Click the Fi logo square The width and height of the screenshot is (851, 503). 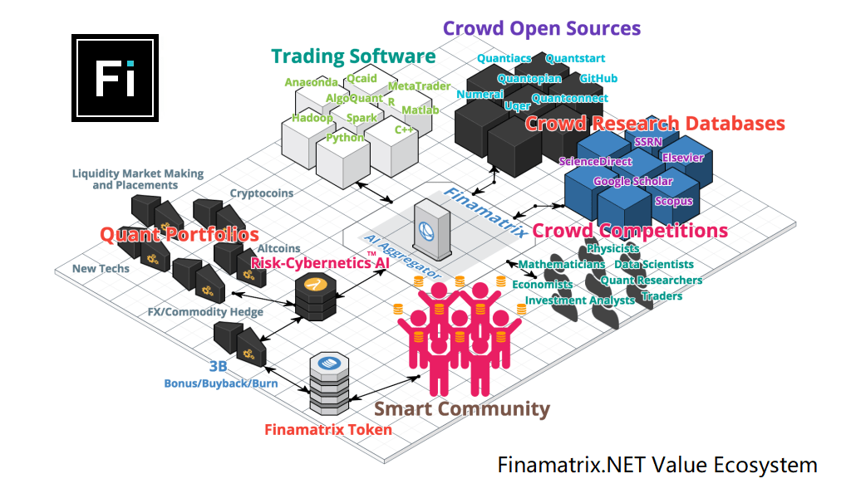tap(115, 78)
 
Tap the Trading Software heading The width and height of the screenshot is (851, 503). tap(353, 56)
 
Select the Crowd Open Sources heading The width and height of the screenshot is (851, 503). tap(542, 28)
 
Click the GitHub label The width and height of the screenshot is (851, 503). tap(598, 79)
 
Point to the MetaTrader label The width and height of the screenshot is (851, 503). tap(419, 86)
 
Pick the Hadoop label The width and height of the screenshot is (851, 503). tap(312, 119)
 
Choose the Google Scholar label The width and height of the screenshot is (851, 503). tap(632, 181)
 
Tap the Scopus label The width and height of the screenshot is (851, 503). tap(673, 201)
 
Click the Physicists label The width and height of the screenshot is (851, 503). tap(612, 248)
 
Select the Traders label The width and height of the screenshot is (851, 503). tap(662, 296)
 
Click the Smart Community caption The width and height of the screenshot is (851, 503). tap(461, 408)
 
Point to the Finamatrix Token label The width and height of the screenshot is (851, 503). tap(327, 430)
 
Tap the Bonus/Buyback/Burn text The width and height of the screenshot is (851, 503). tap(220, 383)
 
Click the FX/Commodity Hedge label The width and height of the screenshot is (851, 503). tap(205, 312)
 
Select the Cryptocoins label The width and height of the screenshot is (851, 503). tap(261, 193)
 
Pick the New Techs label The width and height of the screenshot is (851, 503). tap(101, 269)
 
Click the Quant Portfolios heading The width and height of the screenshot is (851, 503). tap(180, 235)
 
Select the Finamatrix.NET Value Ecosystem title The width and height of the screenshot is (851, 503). tap(657, 465)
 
